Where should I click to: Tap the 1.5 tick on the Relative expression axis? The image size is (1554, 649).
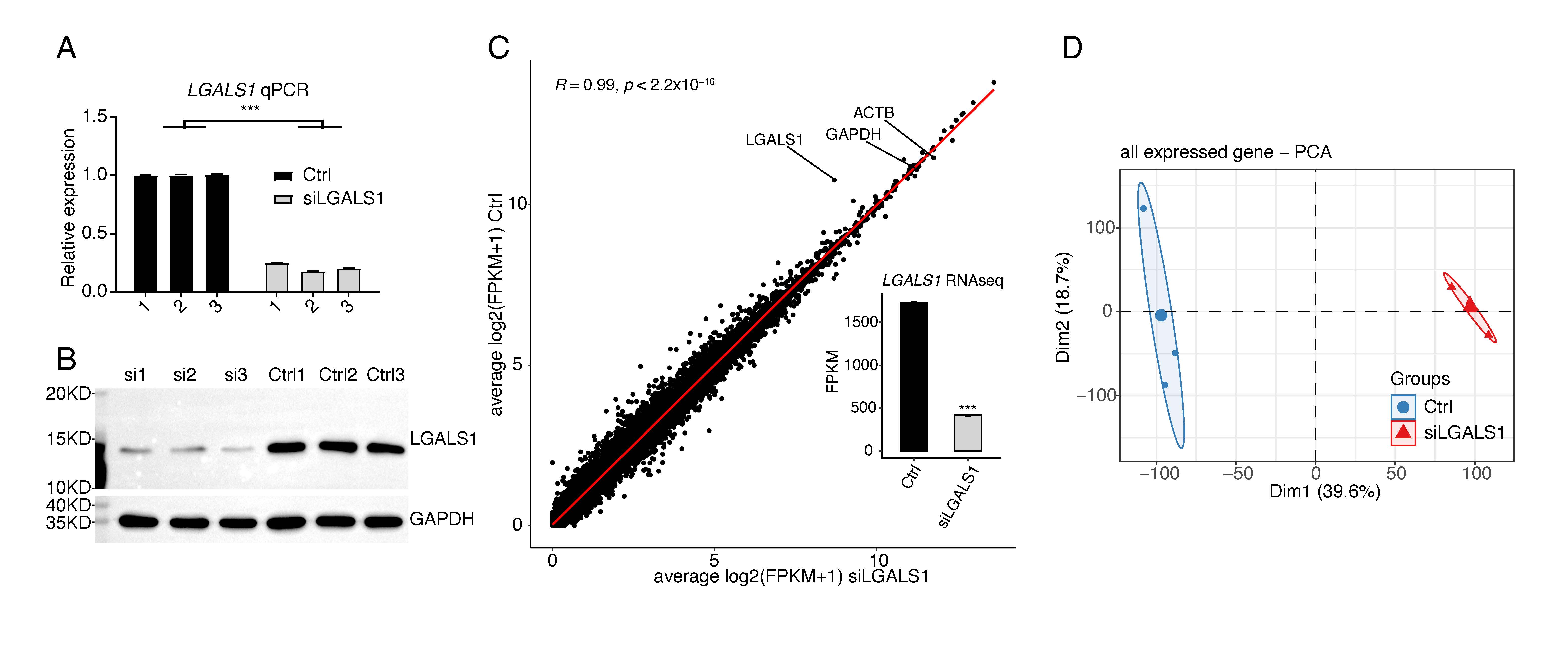click(x=95, y=116)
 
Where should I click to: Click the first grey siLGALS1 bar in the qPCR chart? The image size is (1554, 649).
click(x=277, y=277)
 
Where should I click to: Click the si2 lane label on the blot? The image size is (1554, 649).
click(x=185, y=375)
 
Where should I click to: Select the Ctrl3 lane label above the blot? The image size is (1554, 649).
click(x=385, y=375)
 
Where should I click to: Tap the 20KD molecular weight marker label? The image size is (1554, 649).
click(x=68, y=394)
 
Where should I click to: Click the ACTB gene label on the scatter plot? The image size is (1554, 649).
click(x=873, y=113)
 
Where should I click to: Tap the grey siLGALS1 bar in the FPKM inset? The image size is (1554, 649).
click(x=968, y=433)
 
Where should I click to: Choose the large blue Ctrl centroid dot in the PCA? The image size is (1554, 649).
click(x=1161, y=315)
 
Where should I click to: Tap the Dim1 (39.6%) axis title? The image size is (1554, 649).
click(x=1325, y=492)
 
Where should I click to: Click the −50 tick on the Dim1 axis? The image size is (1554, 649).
click(x=1238, y=474)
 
